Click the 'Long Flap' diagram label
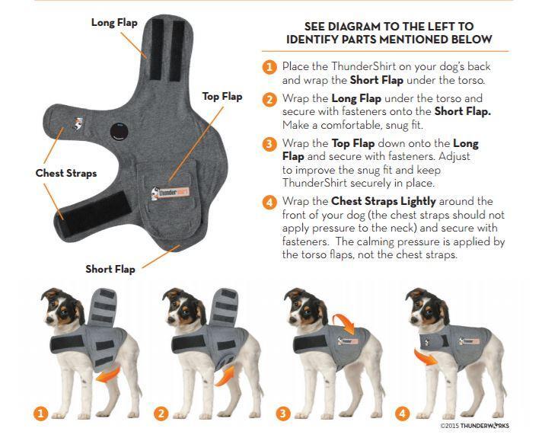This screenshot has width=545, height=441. tap(113, 22)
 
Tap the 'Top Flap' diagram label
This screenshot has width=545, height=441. tap(222, 96)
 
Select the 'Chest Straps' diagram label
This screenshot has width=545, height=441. tap(66, 173)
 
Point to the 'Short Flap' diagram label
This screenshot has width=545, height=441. tap(110, 269)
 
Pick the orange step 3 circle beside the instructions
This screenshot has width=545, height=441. tap(269, 144)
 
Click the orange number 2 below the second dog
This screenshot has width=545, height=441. tap(161, 414)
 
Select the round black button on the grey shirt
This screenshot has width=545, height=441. tap(116, 131)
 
